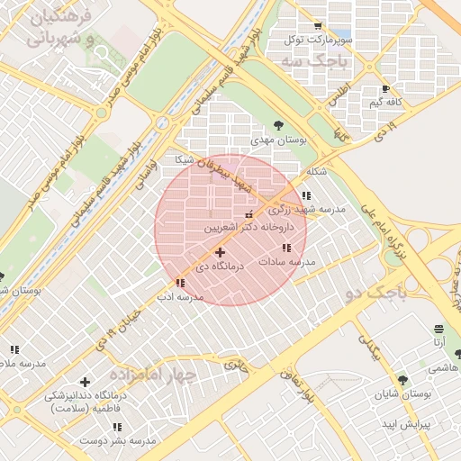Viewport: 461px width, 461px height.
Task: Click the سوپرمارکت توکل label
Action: pyautogui.click(x=316, y=41)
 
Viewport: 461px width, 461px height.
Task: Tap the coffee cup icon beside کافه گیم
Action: pyautogui.click(x=386, y=89)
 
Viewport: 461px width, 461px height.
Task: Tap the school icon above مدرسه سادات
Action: pyautogui.click(x=286, y=248)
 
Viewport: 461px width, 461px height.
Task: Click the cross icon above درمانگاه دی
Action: pyautogui.click(x=220, y=253)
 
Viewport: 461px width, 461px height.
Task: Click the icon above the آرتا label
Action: pyautogui.click(x=438, y=329)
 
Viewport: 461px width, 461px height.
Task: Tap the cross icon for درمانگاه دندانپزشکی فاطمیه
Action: pyautogui.click(x=86, y=383)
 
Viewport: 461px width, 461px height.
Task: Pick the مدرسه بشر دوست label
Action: pyautogui.click(x=118, y=440)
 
